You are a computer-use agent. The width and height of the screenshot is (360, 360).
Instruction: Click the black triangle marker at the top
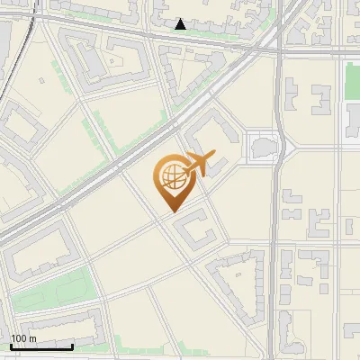pyautogui.click(x=181, y=24)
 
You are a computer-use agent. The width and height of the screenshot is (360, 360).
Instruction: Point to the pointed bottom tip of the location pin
pyautogui.click(x=171, y=211)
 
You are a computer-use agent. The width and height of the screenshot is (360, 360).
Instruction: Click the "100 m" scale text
pyautogui.click(x=23, y=338)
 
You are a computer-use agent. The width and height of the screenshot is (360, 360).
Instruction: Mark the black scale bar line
pyautogui.click(x=41, y=346)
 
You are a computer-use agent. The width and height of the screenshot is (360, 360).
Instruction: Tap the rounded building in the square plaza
pyautogui.click(x=265, y=147)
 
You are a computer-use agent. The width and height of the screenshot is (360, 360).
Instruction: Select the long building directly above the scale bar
pyautogui.click(x=54, y=324)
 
